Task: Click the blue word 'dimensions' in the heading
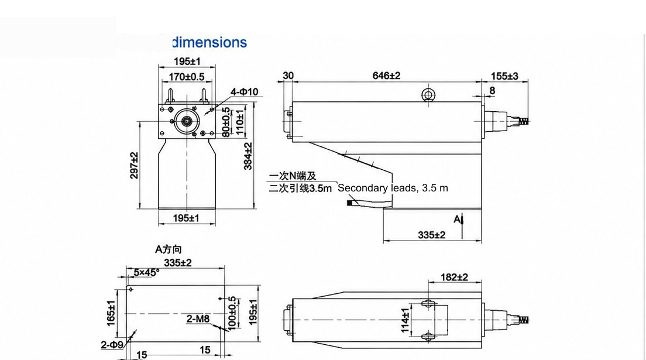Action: pos(209,43)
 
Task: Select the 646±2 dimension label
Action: pos(386,76)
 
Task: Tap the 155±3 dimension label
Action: pos(504,76)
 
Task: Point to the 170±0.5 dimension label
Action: pos(187,77)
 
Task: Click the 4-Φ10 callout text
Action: pos(244,91)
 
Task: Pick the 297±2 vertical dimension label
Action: pos(135,165)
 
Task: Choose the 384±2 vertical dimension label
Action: pos(248,156)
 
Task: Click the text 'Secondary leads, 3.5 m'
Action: pos(393,188)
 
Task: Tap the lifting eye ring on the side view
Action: pos(428,95)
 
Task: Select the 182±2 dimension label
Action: pos(455,277)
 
